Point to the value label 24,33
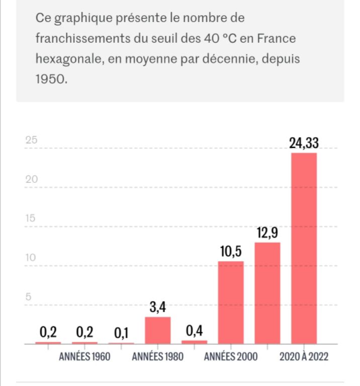(304, 143)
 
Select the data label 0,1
(121, 333)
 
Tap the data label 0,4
(194, 331)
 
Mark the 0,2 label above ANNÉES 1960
(84, 332)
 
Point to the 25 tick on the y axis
(31, 141)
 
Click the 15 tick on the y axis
(31, 219)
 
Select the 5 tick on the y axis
(29, 297)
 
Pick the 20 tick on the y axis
(31, 180)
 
